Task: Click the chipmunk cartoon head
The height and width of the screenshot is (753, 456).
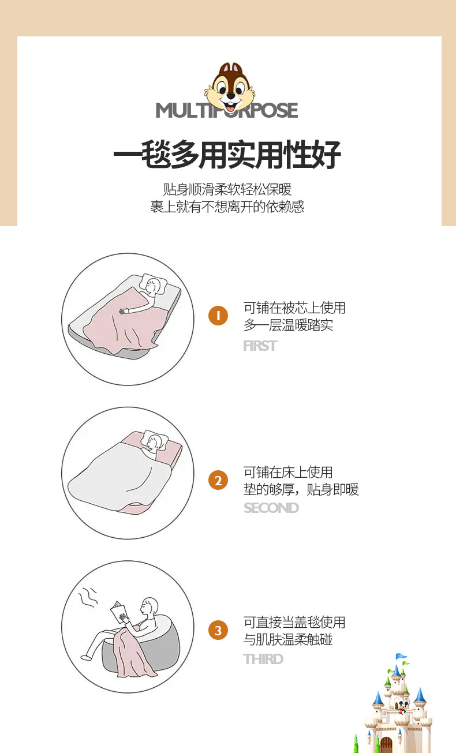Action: pyautogui.click(x=230, y=88)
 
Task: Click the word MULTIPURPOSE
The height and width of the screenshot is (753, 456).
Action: pyautogui.click(x=227, y=110)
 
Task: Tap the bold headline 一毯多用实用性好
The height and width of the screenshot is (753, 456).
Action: pyautogui.click(x=227, y=155)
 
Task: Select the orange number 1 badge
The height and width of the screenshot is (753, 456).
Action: pyautogui.click(x=218, y=316)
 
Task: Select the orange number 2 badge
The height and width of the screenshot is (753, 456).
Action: pyautogui.click(x=218, y=480)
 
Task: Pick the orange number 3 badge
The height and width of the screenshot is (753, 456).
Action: pyautogui.click(x=218, y=630)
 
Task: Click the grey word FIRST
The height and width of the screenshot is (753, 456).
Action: pyautogui.click(x=260, y=346)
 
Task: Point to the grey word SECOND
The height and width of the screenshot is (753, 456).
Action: pyautogui.click(x=271, y=508)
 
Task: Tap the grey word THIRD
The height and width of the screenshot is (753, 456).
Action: pyautogui.click(x=263, y=659)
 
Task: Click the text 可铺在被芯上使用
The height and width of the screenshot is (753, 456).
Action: pyautogui.click(x=294, y=308)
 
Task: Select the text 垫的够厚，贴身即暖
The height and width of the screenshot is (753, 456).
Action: pyautogui.click(x=301, y=489)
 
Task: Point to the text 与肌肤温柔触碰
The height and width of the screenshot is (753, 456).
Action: pyautogui.click(x=288, y=639)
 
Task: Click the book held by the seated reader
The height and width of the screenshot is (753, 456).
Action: pyautogui.click(x=118, y=612)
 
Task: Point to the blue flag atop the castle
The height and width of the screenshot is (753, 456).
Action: pyautogui.click(x=401, y=656)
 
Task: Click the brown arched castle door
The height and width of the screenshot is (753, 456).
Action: pyautogui.click(x=386, y=744)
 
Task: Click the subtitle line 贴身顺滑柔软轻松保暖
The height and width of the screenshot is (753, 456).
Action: pyautogui.click(x=227, y=189)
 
